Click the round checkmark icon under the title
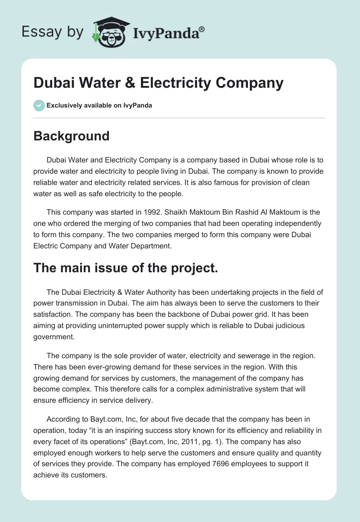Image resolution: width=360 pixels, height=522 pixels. click(39, 105)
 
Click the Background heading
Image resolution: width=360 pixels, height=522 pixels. click(72, 136)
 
